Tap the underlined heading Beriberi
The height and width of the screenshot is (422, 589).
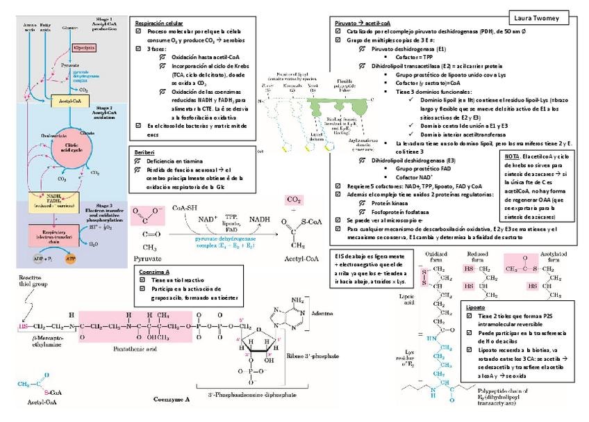[x=144, y=150]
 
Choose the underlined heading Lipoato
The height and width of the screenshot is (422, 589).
[x=476, y=306]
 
